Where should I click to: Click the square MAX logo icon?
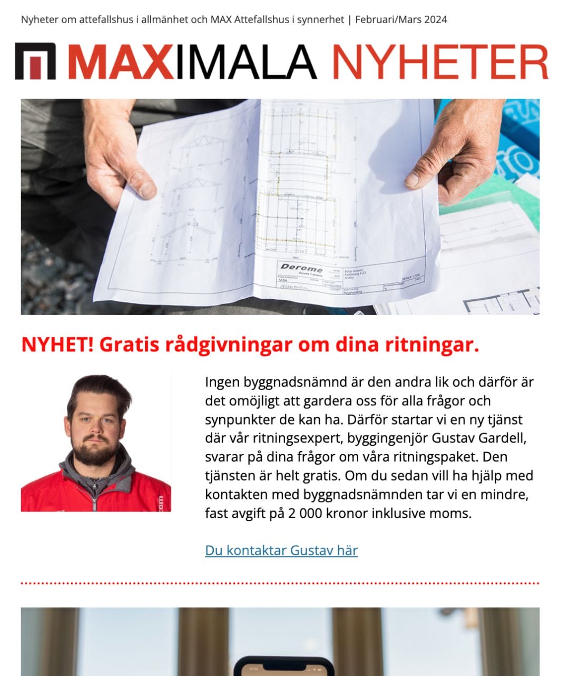tap(35, 62)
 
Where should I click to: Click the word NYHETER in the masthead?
tap(440, 62)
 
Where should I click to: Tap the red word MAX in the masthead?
tap(121, 62)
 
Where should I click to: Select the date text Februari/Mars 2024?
tap(401, 20)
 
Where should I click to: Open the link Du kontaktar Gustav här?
tap(281, 551)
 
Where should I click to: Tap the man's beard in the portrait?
tap(95, 452)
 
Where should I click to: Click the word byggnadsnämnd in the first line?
tap(294, 382)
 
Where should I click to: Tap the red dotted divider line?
tap(280, 584)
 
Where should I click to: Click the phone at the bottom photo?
tap(284, 666)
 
